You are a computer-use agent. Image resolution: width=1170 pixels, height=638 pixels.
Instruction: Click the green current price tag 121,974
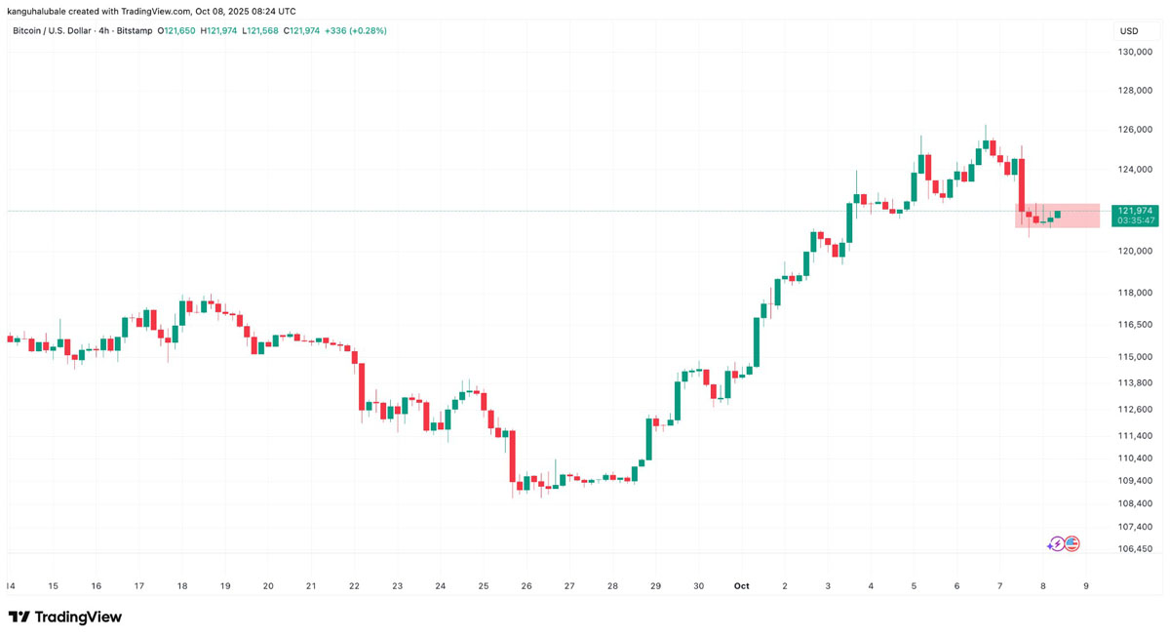[1135, 211]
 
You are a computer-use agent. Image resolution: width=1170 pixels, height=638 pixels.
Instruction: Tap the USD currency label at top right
[1129, 31]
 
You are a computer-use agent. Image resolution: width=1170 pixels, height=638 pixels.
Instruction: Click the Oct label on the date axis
[741, 586]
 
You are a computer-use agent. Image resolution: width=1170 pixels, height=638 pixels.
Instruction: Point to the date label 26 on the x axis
[526, 586]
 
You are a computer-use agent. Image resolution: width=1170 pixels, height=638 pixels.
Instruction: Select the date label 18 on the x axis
[182, 586]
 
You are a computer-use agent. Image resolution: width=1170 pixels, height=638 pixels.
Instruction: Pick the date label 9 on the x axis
[1085, 586]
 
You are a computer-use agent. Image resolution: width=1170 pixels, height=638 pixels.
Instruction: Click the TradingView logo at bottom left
[65, 617]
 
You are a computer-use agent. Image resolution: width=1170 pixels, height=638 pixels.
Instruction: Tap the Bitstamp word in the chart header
[134, 31]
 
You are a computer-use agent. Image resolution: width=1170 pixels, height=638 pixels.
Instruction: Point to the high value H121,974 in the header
[218, 31]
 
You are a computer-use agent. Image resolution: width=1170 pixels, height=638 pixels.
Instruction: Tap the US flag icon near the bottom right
[1072, 544]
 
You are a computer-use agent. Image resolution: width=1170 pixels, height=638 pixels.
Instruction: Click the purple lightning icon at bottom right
[1056, 544]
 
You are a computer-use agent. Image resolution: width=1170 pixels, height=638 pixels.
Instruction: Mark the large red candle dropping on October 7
[1022, 184]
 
